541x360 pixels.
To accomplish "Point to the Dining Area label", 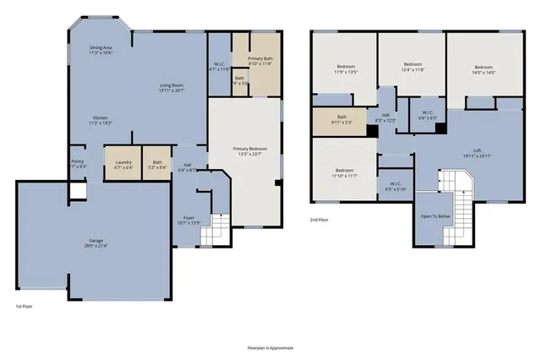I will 102,50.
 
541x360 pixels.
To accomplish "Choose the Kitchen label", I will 101,120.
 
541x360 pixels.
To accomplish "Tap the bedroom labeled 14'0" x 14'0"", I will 484,69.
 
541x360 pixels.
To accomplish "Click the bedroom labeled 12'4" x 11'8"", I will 412,67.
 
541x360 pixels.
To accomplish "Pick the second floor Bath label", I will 342,120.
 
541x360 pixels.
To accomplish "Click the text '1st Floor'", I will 25,305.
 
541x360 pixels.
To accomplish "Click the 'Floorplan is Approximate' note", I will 270,347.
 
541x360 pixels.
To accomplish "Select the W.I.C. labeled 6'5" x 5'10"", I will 396,186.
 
